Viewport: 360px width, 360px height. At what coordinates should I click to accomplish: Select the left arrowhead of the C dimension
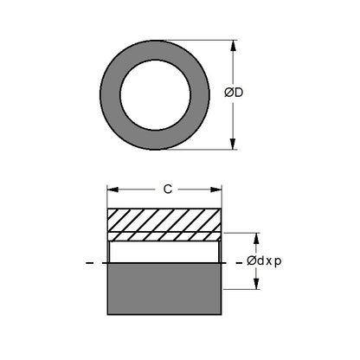(111, 188)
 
